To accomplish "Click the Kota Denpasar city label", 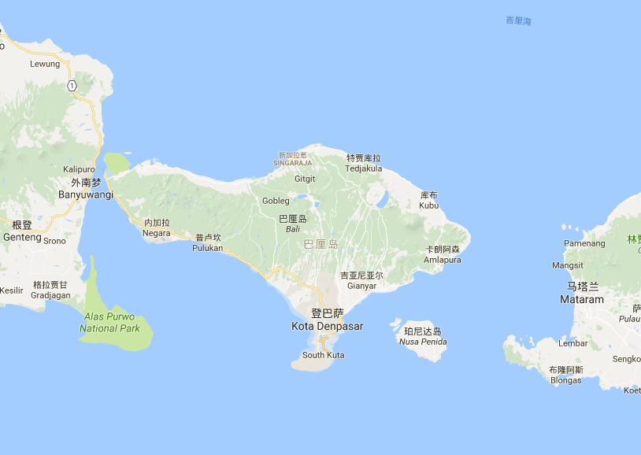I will pos(328,326).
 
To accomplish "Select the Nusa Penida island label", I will pos(423,342).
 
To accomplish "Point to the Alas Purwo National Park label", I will pos(111,323).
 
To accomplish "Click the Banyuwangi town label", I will pos(86,194).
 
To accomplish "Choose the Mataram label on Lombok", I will pos(582,299).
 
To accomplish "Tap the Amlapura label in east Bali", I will pos(443,260).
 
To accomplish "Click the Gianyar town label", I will pos(362,286).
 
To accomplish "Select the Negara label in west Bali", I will pos(157,233).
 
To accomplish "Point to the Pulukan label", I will pos(208,248).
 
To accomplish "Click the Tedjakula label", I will pos(365,168).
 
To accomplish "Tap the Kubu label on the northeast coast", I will pos(429,205).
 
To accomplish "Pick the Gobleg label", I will pos(276,201).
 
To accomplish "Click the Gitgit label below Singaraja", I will pos(305,179).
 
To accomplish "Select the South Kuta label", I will pos(324,355).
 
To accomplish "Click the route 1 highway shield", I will pos(72,86).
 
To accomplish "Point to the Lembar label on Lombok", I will pos(572,343).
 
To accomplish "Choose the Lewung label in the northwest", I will pos(45,64).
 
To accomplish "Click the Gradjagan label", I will pos(51,295).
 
